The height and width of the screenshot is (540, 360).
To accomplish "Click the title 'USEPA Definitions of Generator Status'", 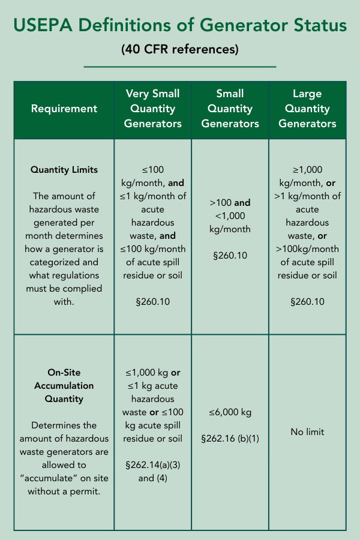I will (180, 26).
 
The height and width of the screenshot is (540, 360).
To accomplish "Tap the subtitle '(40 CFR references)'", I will (180, 49).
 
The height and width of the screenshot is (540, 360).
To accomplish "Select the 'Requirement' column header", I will (64, 109).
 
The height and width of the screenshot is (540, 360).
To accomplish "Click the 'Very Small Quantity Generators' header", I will (154, 109).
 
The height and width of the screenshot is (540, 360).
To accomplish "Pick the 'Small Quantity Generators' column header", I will (230, 109).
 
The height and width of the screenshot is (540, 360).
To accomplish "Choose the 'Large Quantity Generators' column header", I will (307, 109).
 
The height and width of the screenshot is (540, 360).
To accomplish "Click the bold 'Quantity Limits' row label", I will (64, 170).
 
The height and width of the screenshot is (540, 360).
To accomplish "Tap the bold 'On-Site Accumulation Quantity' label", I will (64, 385).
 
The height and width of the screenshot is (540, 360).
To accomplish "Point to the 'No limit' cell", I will (307, 431).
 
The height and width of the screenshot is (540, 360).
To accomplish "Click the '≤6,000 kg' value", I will (230, 412).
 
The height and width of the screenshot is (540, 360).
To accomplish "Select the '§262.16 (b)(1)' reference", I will (230, 439).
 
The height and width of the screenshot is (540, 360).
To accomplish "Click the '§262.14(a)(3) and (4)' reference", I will (154, 472).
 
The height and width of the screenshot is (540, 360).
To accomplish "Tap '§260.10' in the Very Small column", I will (154, 301).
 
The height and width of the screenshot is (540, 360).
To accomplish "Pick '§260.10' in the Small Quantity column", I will (230, 256).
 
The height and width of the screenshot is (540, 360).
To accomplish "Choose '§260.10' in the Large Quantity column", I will (307, 301).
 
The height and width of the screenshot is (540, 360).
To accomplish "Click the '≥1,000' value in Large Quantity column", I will (307, 170).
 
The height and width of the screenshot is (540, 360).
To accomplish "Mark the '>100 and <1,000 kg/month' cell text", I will (230, 216).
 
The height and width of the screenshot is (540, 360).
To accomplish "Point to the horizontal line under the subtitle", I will (180, 67).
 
